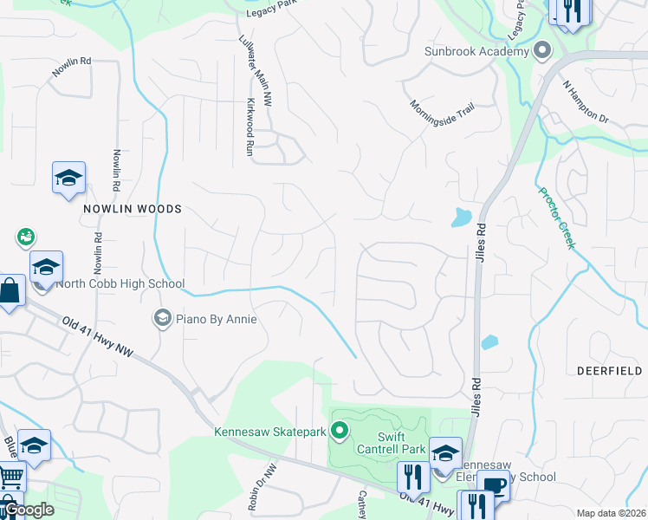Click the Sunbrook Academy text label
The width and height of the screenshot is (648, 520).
pyautogui.click(x=476, y=51)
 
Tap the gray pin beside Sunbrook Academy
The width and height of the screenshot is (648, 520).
pyautogui.click(x=542, y=50)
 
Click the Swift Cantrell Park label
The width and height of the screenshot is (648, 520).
pyautogui.click(x=403, y=442)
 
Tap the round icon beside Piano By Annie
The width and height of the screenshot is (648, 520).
pyautogui.click(x=161, y=319)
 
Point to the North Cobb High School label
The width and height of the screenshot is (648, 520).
pyautogui.click(x=120, y=283)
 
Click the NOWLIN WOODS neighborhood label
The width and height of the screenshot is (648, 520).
pyautogui.click(x=133, y=209)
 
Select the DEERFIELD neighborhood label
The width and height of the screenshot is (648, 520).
pyautogui.click(x=610, y=370)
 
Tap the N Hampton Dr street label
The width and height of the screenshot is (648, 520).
pyautogui.click(x=586, y=102)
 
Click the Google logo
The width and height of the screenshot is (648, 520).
pyautogui.click(x=29, y=510)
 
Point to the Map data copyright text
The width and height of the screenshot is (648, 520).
pyautogui.click(x=612, y=513)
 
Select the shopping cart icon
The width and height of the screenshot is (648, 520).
pyautogui.click(x=10, y=475)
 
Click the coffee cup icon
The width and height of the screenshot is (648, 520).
pyautogui.click(x=493, y=485)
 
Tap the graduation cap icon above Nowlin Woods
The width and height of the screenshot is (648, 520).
pyautogui.click(x=68, y=178)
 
